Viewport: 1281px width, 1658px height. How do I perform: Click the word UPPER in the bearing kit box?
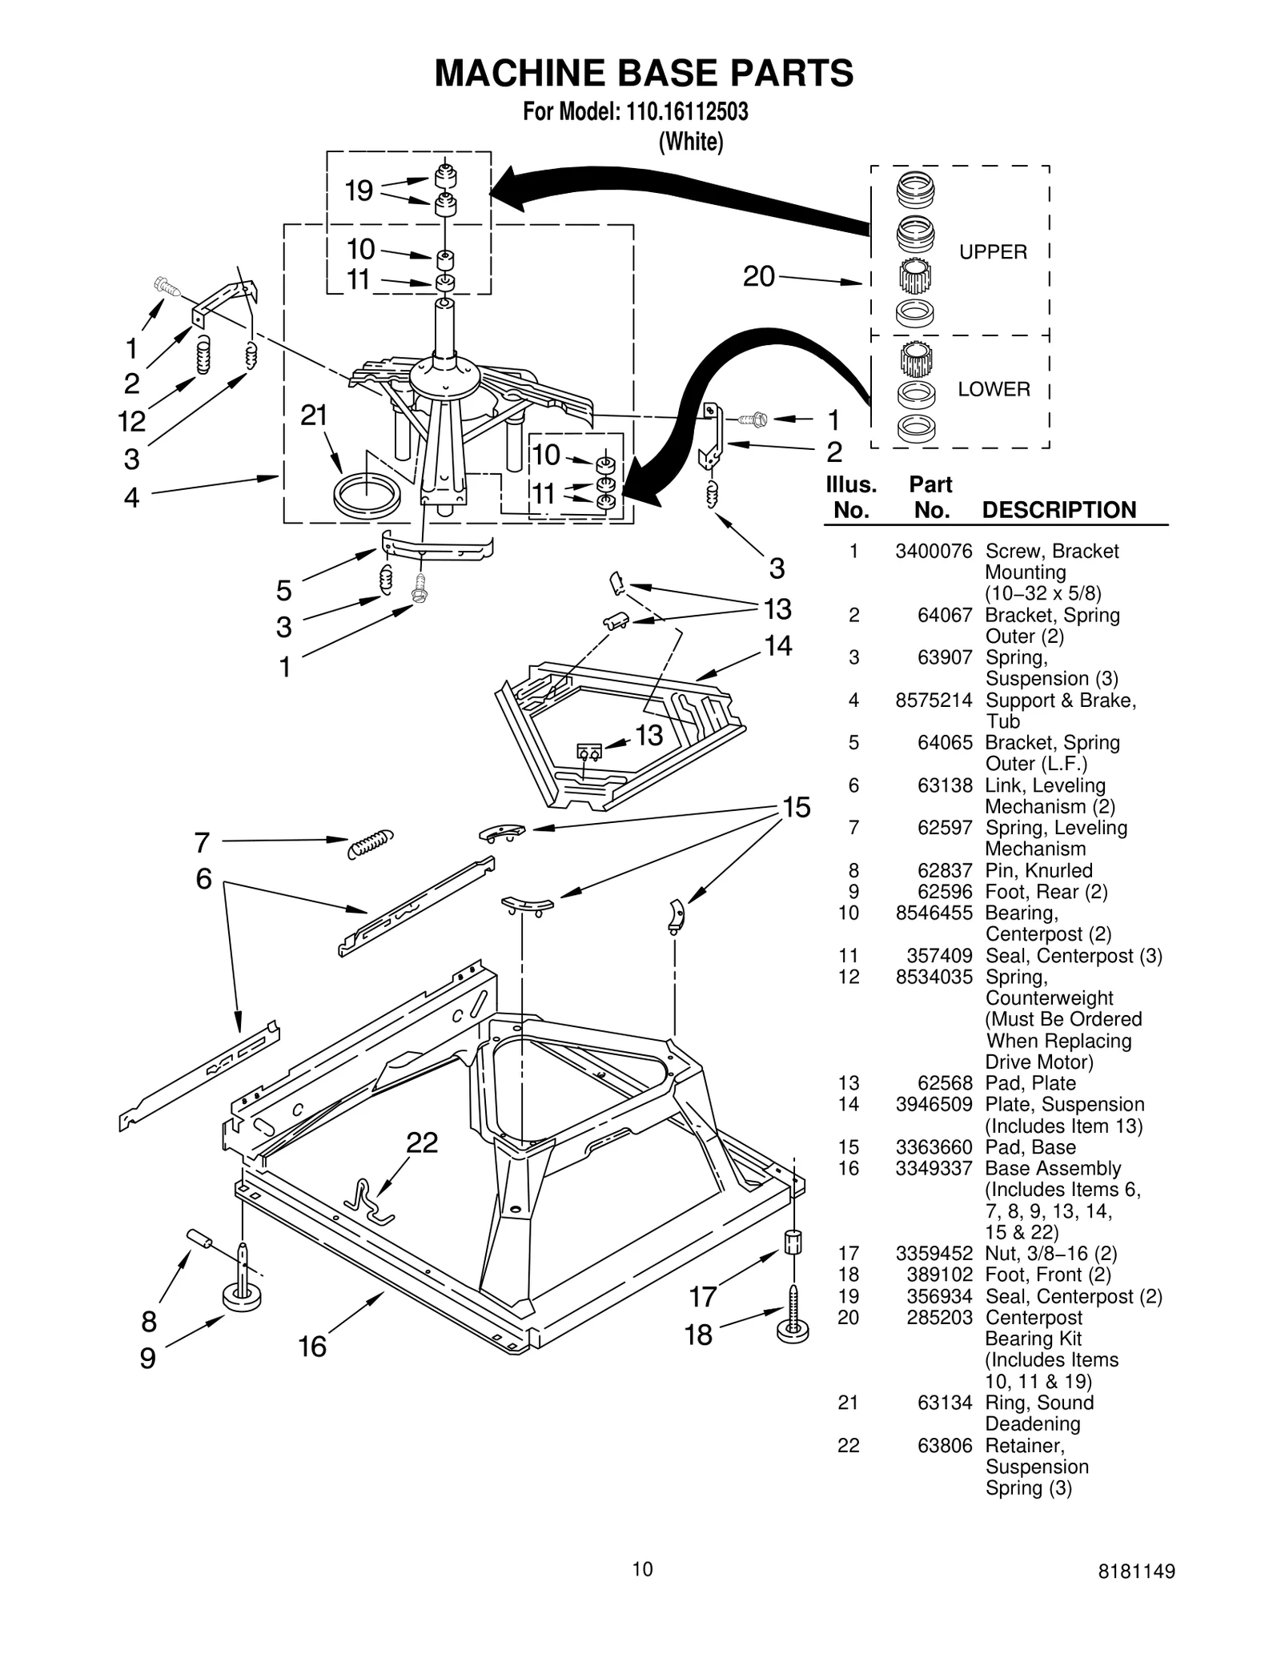(x=993, y=252)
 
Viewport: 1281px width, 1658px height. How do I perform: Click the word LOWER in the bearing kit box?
(x=994, y=389)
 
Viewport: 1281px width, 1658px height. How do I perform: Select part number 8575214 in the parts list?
(x=934, y=701)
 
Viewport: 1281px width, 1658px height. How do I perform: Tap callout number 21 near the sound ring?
(x=314, y=416)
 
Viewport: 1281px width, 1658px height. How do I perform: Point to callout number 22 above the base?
(x=422, y=1142)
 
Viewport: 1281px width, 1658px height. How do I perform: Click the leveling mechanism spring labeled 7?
(x=371, y=843)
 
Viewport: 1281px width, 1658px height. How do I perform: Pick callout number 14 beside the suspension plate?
(x=778, y=645)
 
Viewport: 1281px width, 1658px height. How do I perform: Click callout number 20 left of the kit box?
(x=759, y=276)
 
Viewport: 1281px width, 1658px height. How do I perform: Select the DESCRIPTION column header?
(x=1058, y=510)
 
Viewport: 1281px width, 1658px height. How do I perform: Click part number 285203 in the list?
(x=939, y=1317)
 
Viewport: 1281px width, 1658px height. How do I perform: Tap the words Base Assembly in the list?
(x=1053, y=1168)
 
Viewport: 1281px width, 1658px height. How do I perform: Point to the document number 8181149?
(x=1137, y=1571)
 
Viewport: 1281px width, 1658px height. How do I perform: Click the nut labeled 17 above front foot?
(x=792, y=1242)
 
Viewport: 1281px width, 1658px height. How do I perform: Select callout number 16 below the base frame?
(x=312, y=1347)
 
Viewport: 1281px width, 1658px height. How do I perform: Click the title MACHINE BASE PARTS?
(x=644, y=73)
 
